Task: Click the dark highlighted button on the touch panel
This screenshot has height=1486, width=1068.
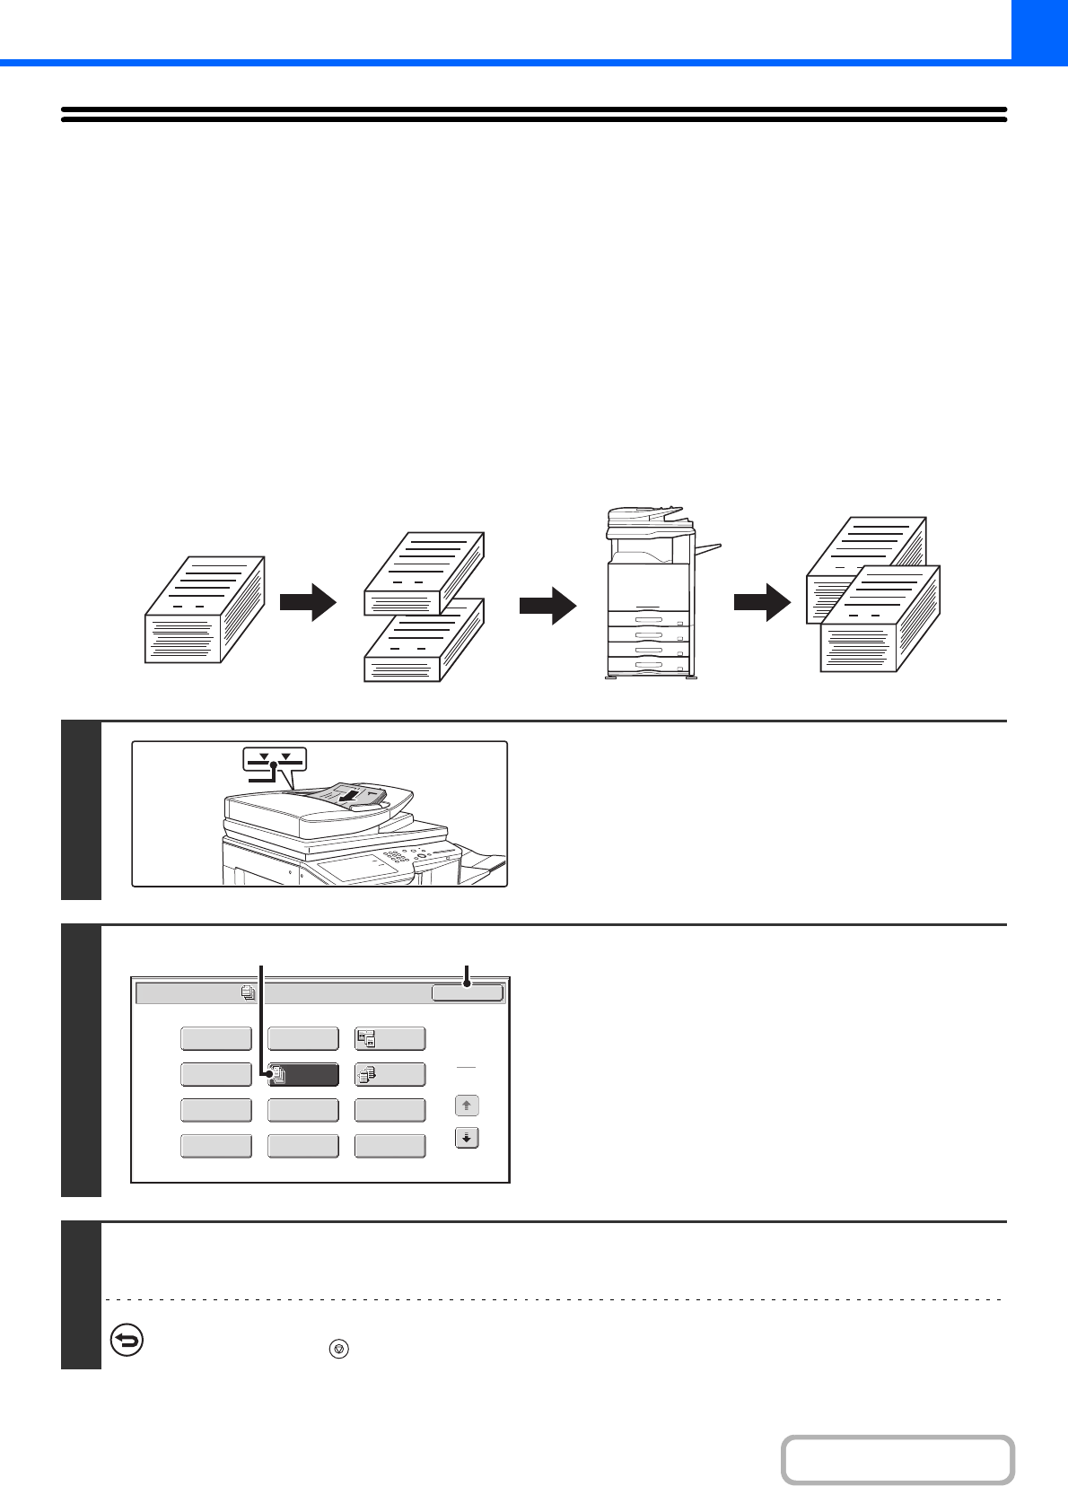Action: [303, 1074]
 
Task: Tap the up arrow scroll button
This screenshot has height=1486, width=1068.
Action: [467, 1106]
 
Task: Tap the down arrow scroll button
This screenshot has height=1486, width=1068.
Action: [467, 1138]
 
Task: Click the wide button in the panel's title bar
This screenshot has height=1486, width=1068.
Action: [467, 992]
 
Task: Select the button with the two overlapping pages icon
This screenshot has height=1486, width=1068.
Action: [390, 1039]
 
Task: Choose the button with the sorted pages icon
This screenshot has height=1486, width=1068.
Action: [390, 1074]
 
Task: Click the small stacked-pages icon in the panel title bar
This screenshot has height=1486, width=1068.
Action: [248, 993]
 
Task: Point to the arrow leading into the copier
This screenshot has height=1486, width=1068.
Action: [547, 606]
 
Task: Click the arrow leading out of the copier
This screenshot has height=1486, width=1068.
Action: [762, 602]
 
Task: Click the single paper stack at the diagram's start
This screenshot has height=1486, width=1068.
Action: [205, 610]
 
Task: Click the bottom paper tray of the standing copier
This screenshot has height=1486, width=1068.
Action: [648, 666]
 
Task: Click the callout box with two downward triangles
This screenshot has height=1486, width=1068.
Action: [274, 759]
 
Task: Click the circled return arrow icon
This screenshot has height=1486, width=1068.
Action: [127, 1341]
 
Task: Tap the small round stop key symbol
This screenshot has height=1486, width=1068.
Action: [338, 1349]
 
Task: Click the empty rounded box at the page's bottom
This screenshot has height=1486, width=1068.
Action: [897, 1460]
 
